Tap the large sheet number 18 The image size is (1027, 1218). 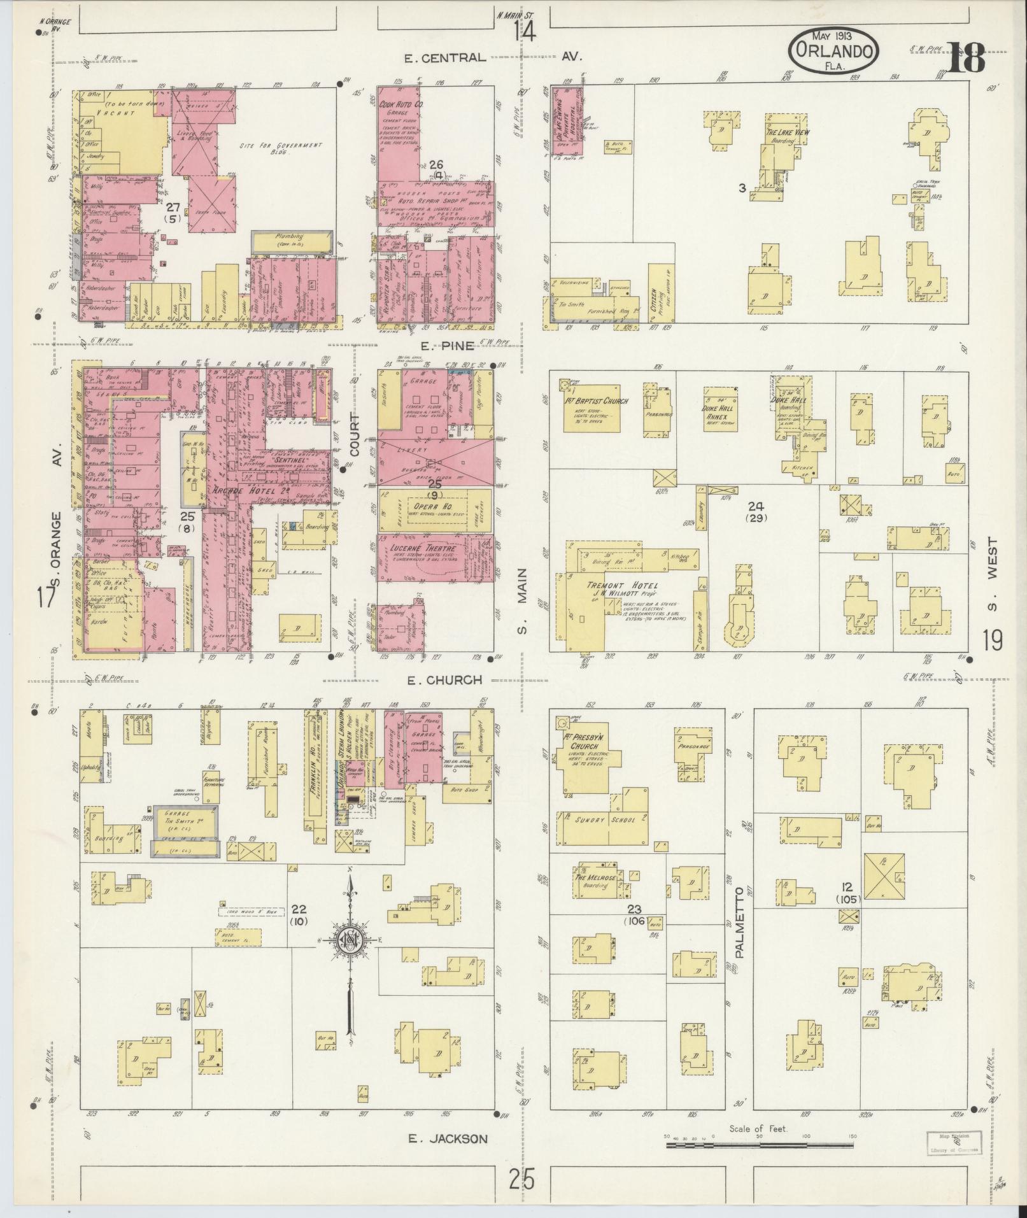[966, 58]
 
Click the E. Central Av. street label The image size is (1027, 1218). [494, 57]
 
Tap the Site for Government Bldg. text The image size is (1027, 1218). [281, 149]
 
